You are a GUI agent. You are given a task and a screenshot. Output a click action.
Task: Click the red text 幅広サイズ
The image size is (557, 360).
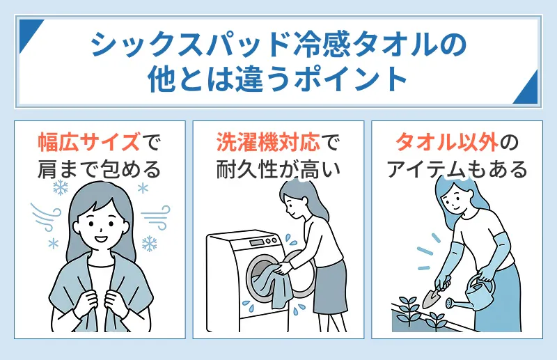(88, 143)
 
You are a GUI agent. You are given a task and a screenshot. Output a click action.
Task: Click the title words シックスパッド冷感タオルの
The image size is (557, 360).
(278, 47)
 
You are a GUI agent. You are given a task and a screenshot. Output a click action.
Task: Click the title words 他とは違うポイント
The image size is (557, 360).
(278, 79)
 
